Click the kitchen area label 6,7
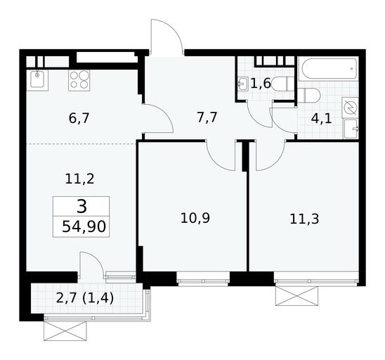coord(79,118)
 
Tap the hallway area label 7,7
coord(207,117)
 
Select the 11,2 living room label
coord(80,179)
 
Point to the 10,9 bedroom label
coord(195,218)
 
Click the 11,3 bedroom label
coord(304,219)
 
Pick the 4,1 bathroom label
coord(321,119)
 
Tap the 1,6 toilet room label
coord(261,83)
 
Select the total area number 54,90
coord(84,226)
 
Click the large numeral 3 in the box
coord(81,207)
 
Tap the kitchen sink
coord(37,79)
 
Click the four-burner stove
coord(79,80)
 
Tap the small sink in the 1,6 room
coord(243,84)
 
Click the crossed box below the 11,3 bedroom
coord(297,295)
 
